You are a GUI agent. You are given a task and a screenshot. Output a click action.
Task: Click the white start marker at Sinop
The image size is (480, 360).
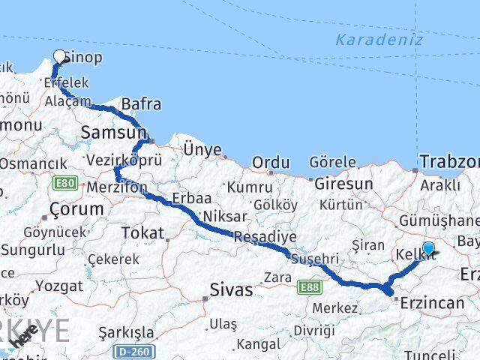click(60, 55)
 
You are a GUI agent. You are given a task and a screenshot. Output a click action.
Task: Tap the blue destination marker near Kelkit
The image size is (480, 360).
click(428, 248)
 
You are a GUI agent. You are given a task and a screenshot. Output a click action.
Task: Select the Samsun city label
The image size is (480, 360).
click(112, 133)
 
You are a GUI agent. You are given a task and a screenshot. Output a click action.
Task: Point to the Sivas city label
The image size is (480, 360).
click(230, 290)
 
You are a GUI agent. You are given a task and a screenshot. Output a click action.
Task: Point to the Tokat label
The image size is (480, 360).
click(142, 233)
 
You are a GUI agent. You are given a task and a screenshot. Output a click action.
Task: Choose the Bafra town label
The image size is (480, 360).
click(141, 104)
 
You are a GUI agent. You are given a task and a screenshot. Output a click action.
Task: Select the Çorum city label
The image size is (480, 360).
click(75, 208)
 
